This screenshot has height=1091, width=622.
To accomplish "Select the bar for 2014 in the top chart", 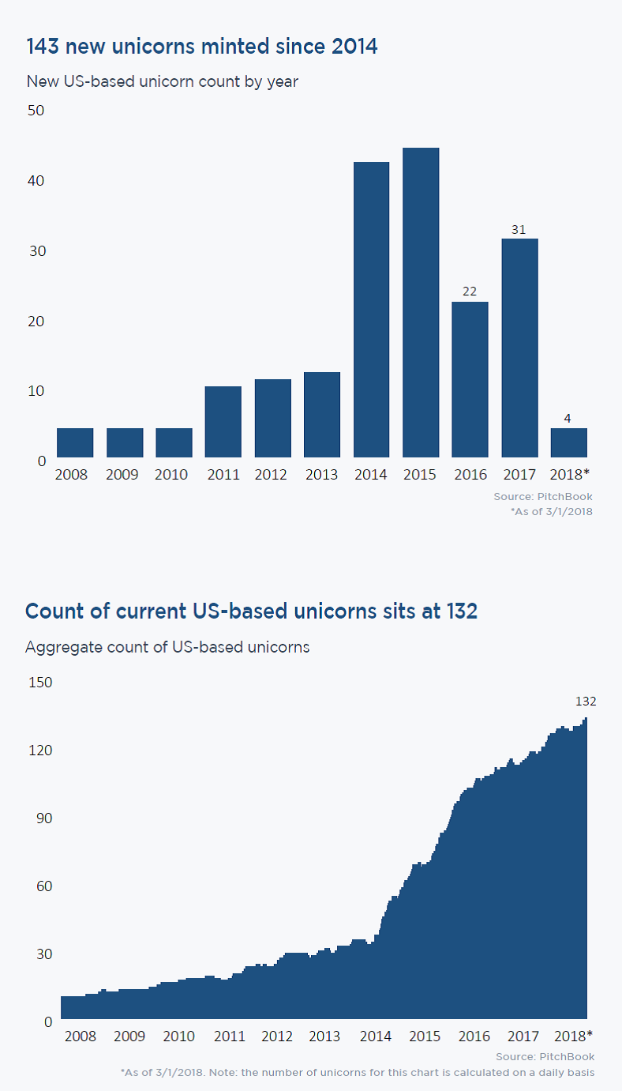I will tap(371, 310).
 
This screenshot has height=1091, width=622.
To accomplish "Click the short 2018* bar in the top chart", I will tap(568, 442).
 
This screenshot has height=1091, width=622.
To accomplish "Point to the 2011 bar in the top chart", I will tap(223, 422).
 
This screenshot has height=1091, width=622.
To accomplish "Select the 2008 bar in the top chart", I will tap(75, 442).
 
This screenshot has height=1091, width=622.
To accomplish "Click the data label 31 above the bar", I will tap(519, 229).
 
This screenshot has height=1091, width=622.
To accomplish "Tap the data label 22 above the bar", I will tap(470, 292).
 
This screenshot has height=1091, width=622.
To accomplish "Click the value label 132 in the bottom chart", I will tap(586, 701).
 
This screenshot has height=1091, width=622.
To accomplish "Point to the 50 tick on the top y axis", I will tap(36, 110).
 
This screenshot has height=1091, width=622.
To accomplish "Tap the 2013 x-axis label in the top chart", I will tap(321, 475).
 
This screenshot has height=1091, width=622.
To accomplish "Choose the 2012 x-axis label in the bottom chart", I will tap(277, 1036).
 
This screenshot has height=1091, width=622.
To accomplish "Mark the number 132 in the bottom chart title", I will tap(460, 611).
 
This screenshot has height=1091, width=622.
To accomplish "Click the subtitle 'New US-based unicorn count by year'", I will tap(162, 81).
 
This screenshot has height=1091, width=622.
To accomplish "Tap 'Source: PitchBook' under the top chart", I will tap(543, 497).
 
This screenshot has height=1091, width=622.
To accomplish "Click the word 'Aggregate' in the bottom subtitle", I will tap(61, 647).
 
